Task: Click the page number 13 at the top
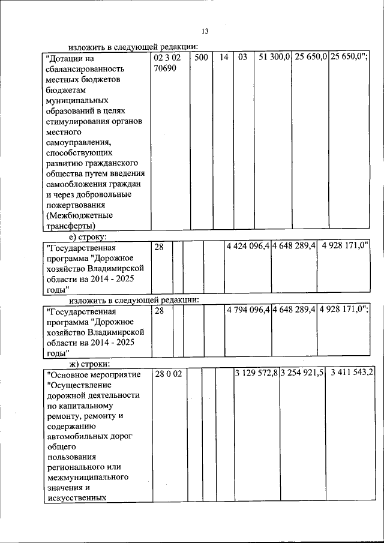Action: click(205, 31)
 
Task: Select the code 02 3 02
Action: click(167, 59)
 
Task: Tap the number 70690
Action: click(165, 69)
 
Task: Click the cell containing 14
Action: click(223, 59)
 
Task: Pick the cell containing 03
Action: click(242, 59)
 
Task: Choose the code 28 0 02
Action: click(168, 374)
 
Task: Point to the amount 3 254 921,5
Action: click(302, 374)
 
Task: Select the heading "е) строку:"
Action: click(91, 236)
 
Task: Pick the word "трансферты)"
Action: click(70, 226)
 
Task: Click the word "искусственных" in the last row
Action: click(76, 497)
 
